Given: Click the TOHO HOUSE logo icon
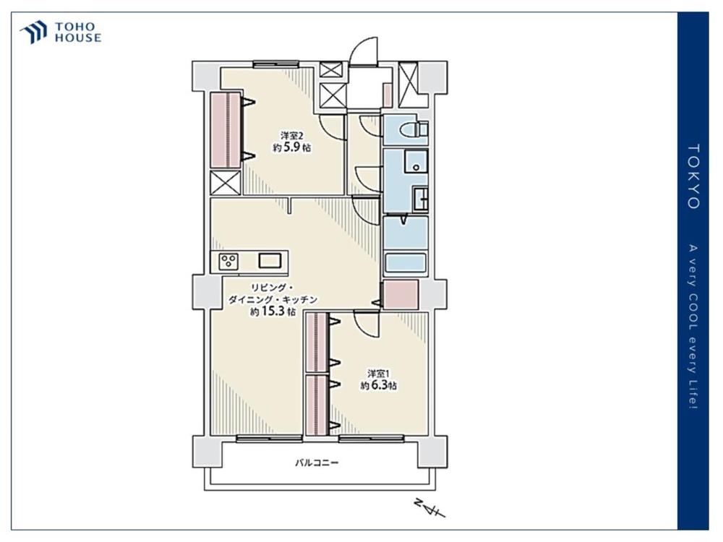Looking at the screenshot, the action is [x=33, y=32].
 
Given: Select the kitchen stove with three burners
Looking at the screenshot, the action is [x=228, y=262].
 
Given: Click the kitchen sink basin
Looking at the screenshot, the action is [x=269, y=261].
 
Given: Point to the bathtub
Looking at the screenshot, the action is [x=406, y=263].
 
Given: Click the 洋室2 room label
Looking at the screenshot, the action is [x=292, y=136].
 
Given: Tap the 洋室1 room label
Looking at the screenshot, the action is [x=378, y=374].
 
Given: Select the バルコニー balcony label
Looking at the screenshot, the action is [x=317, y=463].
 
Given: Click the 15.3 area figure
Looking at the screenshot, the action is [x=273, y=311].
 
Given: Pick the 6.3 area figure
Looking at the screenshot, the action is [x=380, y=386].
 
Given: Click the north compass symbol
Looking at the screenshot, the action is [x=429, y=508].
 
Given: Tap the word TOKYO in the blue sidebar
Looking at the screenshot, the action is [x=693, y=176].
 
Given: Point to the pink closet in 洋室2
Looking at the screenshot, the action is [x=226, y=130].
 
